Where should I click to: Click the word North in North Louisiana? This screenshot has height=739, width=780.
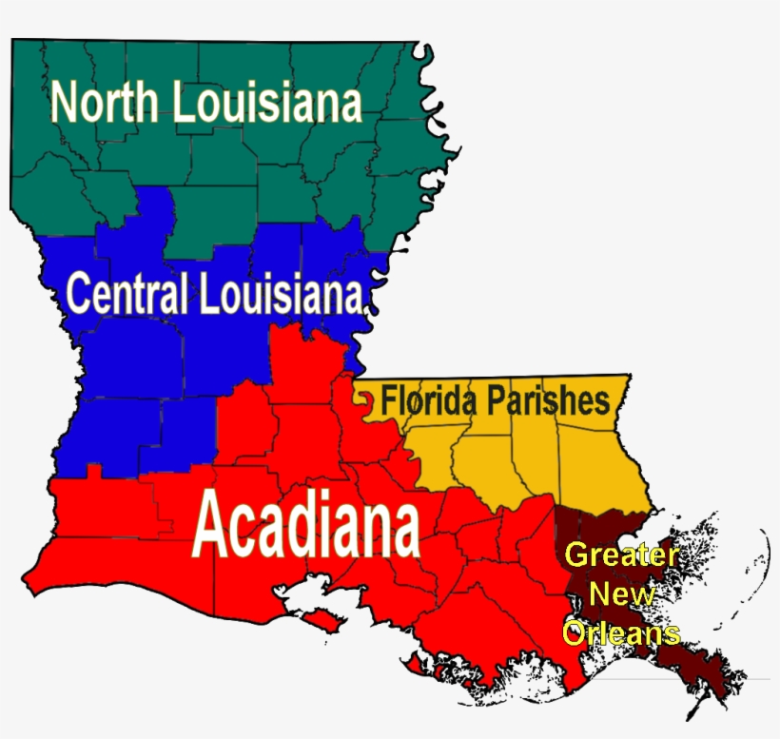click(105, 103)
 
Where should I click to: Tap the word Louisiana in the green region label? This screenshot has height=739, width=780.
click(267, 103)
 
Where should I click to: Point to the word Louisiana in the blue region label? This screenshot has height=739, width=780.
click(281, 295)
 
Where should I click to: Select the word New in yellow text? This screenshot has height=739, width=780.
click(621, 594)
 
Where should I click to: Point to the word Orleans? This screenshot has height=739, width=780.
click(621, 632)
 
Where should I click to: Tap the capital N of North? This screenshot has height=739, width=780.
click(65, 103)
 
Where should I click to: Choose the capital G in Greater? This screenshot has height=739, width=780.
click(576, 554)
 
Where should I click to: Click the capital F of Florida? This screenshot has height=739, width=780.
click(389, 400)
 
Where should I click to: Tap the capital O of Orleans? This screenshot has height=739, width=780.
click(574, 632)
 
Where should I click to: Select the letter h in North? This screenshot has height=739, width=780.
click(147, 103)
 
